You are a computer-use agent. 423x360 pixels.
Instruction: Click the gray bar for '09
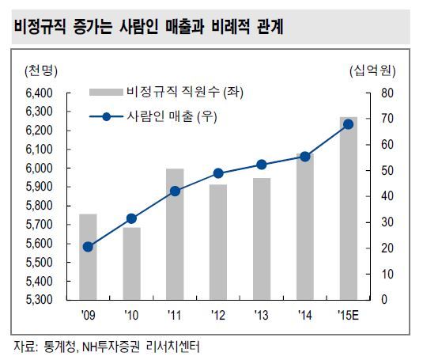coord(88,256)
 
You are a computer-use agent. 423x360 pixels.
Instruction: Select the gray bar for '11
coord(175,234)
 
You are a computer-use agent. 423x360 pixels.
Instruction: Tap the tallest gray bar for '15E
coord(348,208)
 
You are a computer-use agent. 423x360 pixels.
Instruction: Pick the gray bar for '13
coord(262,239)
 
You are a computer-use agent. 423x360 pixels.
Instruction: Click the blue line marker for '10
coord(131,218)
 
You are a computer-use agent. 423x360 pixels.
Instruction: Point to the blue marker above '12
coord(218,173)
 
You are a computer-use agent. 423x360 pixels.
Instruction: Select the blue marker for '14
coord(305,157)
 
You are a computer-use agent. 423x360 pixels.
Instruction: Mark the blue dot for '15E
coord(348,124)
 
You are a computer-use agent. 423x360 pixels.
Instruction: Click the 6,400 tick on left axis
coord(40,93)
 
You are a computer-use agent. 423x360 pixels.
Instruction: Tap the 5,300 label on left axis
coord(40,299)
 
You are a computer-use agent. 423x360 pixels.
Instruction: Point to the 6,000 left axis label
coord(40,168)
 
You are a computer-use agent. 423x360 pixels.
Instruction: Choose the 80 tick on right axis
coord(387,93)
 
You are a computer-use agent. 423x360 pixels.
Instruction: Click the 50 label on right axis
coord(387,171)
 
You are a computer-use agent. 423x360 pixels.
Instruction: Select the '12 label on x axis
coord(218,315)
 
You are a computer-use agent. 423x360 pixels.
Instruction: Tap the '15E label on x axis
coord(348,315)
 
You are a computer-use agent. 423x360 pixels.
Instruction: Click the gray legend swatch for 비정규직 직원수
coord(106,92)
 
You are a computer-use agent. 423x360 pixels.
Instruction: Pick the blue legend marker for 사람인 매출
coord(107,117)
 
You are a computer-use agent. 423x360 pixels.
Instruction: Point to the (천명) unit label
coord(41,70)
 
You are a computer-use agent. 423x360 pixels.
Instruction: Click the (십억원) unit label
coord(372,70)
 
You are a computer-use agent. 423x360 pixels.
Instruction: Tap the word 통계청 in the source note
coord(59,347)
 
